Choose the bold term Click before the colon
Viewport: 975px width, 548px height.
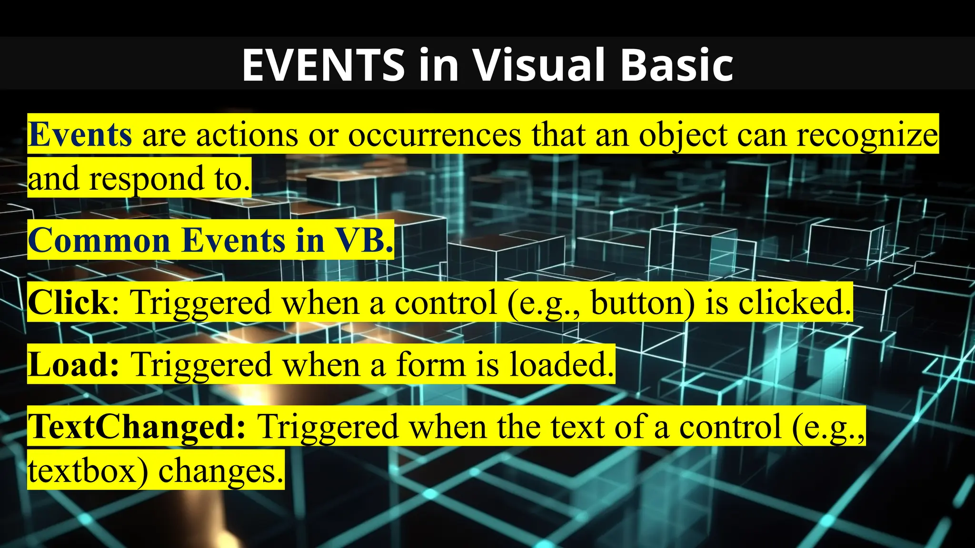click(69, 303)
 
